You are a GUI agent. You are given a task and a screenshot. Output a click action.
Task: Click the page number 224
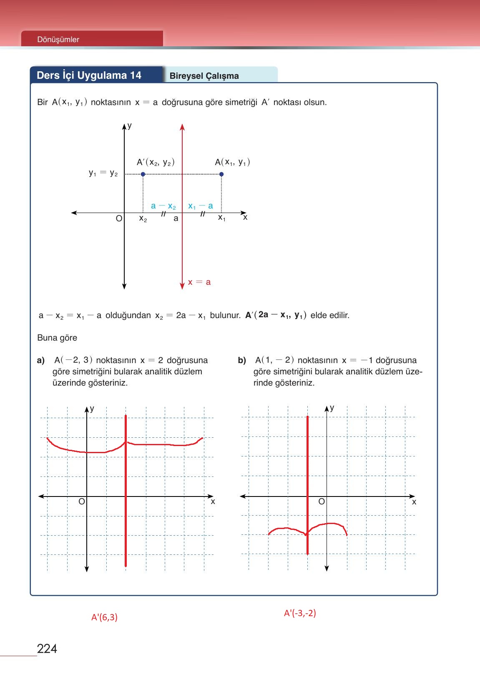point(47,649)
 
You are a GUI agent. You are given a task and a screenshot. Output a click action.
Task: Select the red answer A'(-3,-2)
point(300,613)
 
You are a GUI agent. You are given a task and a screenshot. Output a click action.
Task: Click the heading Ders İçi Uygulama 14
point(89,75)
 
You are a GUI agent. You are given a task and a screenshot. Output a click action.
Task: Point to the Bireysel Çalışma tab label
point(204,76)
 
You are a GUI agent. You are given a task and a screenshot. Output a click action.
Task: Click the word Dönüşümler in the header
point(58,40)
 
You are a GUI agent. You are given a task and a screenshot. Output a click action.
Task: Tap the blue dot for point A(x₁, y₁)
point(221,174)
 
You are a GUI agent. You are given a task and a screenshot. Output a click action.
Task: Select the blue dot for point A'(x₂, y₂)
point(143,174)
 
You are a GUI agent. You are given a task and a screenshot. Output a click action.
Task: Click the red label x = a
point(199,282)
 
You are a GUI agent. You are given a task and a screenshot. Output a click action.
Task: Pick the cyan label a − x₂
point(163,206)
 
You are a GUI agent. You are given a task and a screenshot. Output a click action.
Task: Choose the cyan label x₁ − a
point(201,206)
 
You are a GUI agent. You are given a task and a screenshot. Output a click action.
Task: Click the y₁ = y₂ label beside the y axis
point(103,173)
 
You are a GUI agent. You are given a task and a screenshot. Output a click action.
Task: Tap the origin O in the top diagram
point(119,218)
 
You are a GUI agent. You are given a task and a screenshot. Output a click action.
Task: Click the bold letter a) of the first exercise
point(40,360)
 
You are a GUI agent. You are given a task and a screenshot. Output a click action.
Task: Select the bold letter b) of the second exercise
point(242,360)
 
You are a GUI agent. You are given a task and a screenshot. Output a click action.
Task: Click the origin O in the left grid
point(82,501)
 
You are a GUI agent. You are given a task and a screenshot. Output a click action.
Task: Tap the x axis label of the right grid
point(414,502)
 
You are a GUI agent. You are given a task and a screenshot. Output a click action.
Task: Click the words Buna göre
point(57,338)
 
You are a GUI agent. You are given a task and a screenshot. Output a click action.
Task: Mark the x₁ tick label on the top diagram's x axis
point(222,218)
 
